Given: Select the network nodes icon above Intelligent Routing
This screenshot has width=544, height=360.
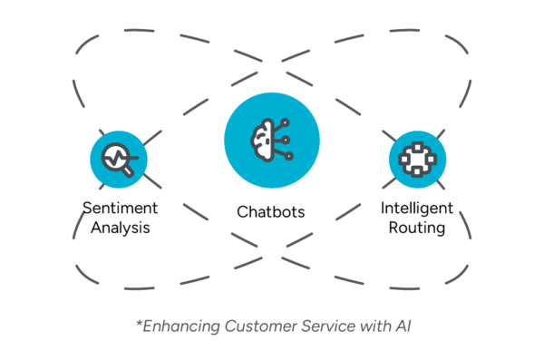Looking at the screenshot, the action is (x=417, y=160).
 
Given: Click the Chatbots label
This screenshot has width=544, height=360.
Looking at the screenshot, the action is (x=271, y=212).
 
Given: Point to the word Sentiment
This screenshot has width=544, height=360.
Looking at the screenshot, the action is (x=121, y=208).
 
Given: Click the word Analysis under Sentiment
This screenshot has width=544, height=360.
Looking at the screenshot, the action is (x=121, y=228).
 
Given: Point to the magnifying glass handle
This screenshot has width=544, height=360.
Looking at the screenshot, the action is (x=130, y=169).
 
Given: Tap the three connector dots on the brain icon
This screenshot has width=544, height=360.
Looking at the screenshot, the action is (x=288, y=140).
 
